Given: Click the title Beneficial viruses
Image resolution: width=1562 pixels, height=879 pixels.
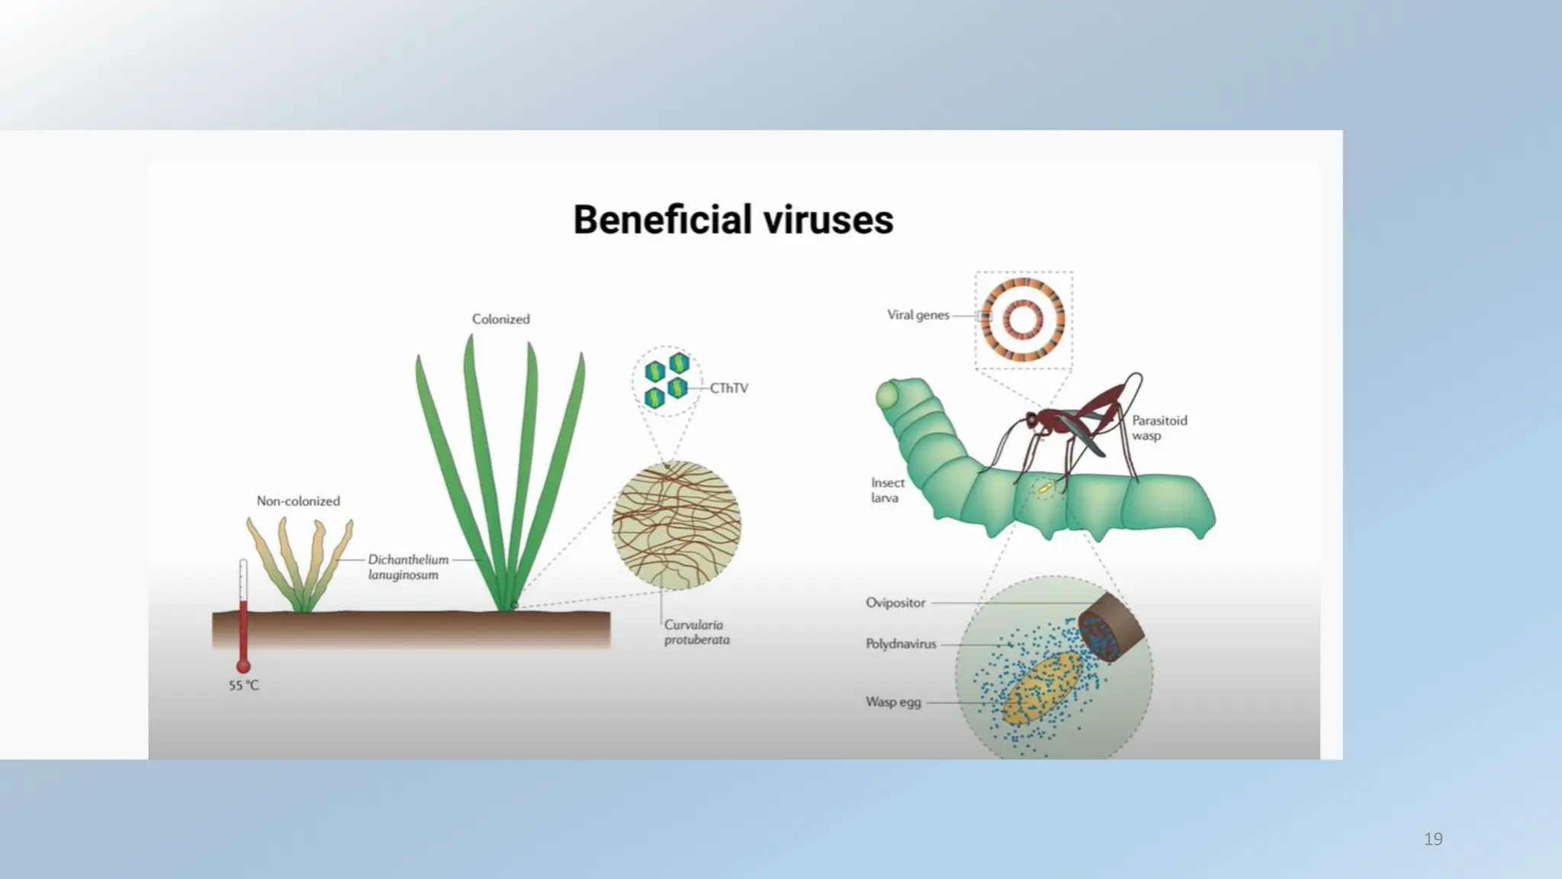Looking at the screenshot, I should click(733, 220).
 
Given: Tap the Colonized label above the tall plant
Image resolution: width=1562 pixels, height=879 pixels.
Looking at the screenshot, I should click(500, 319).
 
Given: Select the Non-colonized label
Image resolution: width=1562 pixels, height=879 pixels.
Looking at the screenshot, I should click(298, 501).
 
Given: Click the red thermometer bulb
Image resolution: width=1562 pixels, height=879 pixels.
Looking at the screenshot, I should click(243, 667).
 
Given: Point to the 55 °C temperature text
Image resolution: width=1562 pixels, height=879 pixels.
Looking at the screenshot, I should click(244, 686).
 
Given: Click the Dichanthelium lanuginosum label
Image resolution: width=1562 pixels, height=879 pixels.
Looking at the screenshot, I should click(408, 567).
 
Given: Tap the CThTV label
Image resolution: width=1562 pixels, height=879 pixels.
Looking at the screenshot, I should click(729, 388).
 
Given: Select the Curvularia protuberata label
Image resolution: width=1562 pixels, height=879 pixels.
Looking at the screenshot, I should click(696, 633).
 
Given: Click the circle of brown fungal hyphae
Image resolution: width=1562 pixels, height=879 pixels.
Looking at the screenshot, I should click(677, 525).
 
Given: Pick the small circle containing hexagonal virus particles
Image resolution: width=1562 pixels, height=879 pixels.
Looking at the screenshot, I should click(667, 381).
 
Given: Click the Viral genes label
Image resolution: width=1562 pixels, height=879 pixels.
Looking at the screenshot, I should click(918, 315).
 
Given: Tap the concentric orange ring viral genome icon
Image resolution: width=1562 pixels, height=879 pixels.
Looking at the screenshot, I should click(1023, 320).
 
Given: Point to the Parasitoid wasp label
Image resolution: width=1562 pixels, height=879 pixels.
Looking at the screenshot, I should click(1159, 428).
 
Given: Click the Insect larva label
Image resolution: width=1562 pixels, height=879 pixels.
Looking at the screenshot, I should click(887, 491).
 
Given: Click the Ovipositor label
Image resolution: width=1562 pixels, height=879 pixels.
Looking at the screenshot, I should click(895, 603).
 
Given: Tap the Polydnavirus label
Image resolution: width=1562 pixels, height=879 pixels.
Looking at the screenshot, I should click(901, 644).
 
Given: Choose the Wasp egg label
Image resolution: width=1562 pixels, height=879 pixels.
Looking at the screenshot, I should click(893, 702).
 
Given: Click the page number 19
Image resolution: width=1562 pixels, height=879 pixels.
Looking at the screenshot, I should click(1433, 839).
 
